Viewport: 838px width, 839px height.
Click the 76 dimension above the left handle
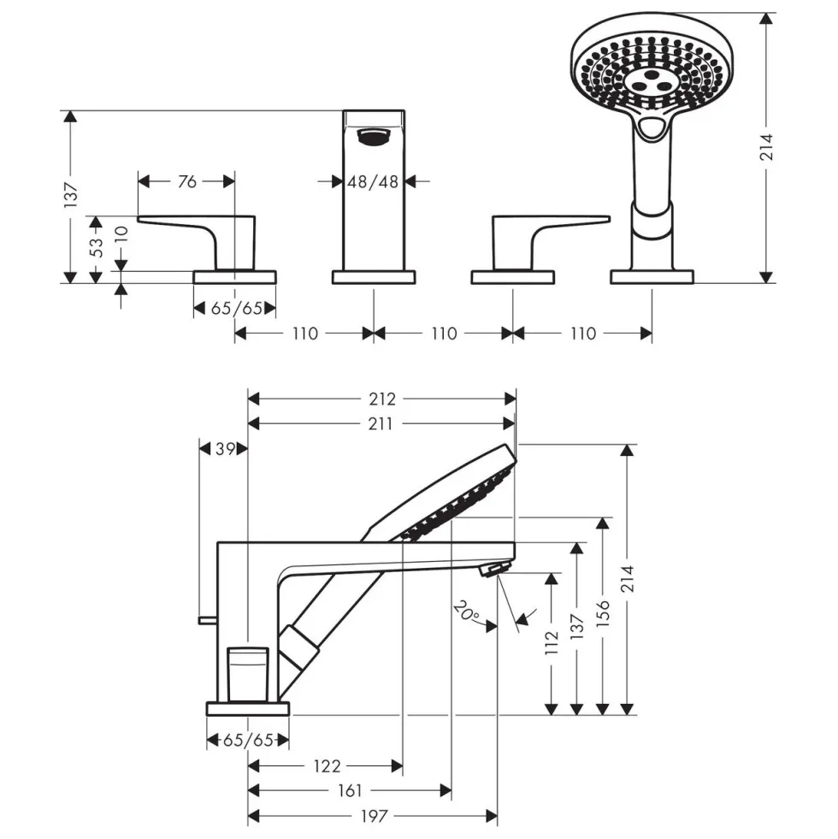pos(187,182)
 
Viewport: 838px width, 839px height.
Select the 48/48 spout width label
pos(373,182)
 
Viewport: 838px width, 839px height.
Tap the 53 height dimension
pos(97,248)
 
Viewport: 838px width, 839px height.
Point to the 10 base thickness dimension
pos(122,234)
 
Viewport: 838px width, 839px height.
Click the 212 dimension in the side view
pos(382,399)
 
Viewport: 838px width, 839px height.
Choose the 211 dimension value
pos(381,424)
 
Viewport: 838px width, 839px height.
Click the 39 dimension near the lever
pos(225,448)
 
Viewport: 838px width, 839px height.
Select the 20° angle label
pos(467,612)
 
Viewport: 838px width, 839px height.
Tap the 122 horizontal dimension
pos(327,766)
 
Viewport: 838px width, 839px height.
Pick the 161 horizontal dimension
pos(350,790)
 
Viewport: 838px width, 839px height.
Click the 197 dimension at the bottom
pos(374,816)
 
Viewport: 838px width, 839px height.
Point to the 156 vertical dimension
pos(603,613)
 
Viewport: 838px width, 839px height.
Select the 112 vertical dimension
pos(552,642)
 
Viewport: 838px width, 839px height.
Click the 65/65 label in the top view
pos(237,308)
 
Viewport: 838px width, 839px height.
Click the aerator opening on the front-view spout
pos(374,137)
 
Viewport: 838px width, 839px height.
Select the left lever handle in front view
pos(197,242)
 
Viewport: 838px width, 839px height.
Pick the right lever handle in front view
pos(551,242)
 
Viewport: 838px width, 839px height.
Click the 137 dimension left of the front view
pos(71,195)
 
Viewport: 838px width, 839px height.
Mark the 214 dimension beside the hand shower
pos(767,147)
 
